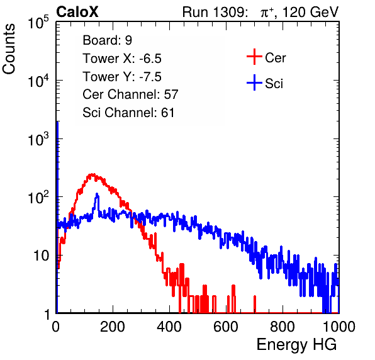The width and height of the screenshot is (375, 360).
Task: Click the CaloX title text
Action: (77, 12)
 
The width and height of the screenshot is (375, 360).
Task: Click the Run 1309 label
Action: (215, 12)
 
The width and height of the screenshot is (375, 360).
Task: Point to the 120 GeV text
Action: (311, 12)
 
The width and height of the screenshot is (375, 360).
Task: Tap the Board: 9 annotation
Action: (107, 40)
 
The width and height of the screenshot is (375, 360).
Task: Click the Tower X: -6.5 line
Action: (122, 59)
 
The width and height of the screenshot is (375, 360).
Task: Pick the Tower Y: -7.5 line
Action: (122, 77)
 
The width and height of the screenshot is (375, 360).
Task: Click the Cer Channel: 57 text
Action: (130, 94)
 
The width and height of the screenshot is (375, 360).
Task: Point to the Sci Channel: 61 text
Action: (128, 113)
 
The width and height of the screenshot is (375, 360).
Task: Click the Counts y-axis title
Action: (9, 49)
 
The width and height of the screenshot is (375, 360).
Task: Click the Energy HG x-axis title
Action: (296, 345)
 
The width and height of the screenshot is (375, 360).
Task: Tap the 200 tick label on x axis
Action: (113, 327)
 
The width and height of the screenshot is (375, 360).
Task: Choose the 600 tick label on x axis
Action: (226, 327)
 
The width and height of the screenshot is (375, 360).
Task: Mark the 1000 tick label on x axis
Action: (339, 327)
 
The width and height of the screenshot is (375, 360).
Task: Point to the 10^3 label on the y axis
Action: (38, 139)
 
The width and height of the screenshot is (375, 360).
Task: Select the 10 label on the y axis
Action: (41, 256)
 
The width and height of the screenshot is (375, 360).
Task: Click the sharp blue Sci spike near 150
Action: (97, 194)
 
